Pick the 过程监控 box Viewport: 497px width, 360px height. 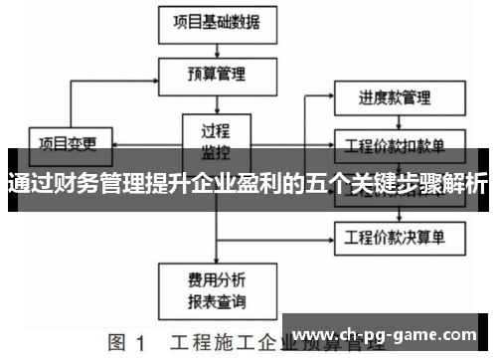point(213,138)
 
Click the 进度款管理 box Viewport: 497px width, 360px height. point(395,98)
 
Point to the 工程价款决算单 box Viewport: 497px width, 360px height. point(395,238)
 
